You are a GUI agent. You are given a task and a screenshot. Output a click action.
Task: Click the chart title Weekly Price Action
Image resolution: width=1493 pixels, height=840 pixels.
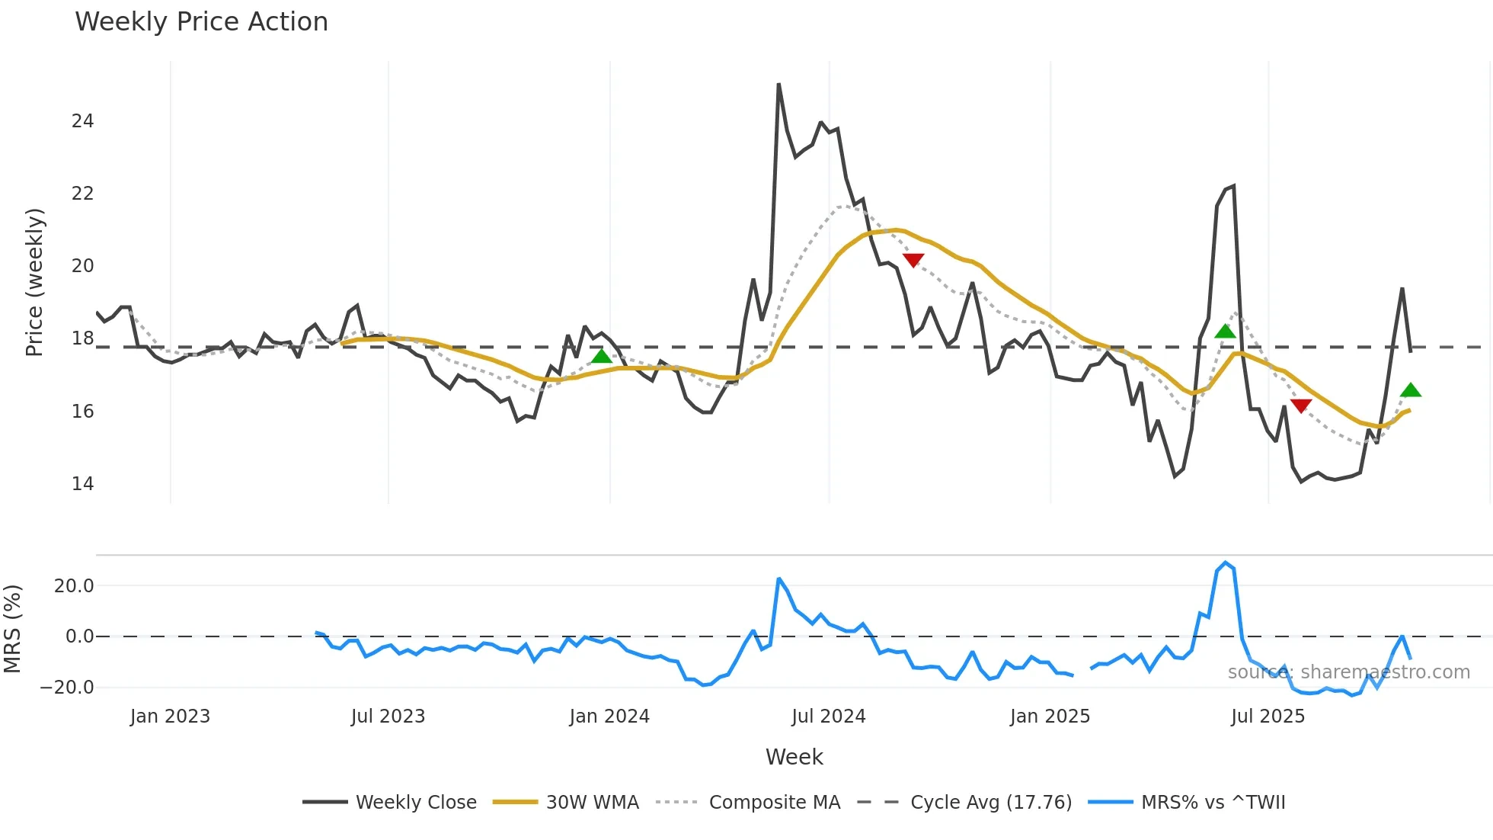[x=201, y=22]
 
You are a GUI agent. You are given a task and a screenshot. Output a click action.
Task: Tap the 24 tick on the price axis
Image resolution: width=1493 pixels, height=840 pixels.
[x=83, y=121]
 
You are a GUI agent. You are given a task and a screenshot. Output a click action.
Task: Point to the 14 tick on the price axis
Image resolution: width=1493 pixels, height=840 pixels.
[x=83, y=484]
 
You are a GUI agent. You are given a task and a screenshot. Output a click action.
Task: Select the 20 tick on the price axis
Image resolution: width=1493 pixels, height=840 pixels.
[x=83, y=266]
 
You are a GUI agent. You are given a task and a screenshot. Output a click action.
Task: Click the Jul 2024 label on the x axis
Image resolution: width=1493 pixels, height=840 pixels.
[x=829, y=717]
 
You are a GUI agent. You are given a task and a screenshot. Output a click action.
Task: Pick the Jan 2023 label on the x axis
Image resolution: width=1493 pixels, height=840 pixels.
[x=170, y=717]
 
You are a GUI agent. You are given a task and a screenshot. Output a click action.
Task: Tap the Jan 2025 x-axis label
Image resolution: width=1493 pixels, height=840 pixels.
[x=1050, y=717]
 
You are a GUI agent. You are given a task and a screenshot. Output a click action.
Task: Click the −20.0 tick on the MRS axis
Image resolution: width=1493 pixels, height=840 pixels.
[x=67, y=687]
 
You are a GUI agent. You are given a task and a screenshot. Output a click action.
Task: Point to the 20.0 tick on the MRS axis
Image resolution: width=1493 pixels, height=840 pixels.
[x=74, y=586]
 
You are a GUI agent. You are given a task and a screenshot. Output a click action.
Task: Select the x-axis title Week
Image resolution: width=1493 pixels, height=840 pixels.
[x=794, y=757]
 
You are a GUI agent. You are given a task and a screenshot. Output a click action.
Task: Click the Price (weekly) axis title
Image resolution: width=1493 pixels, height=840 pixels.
[x=34, y=282]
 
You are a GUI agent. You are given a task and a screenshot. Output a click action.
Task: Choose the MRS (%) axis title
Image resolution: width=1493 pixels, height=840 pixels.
[x=12, y=629]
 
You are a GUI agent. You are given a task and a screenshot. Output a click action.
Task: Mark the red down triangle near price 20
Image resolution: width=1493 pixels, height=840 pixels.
[x=913, y=260]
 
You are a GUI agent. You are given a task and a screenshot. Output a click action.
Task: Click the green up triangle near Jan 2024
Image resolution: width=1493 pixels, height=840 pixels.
[x=602, y=356]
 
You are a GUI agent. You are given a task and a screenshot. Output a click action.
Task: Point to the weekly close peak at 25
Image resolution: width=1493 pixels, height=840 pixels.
[x=778, y=85]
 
